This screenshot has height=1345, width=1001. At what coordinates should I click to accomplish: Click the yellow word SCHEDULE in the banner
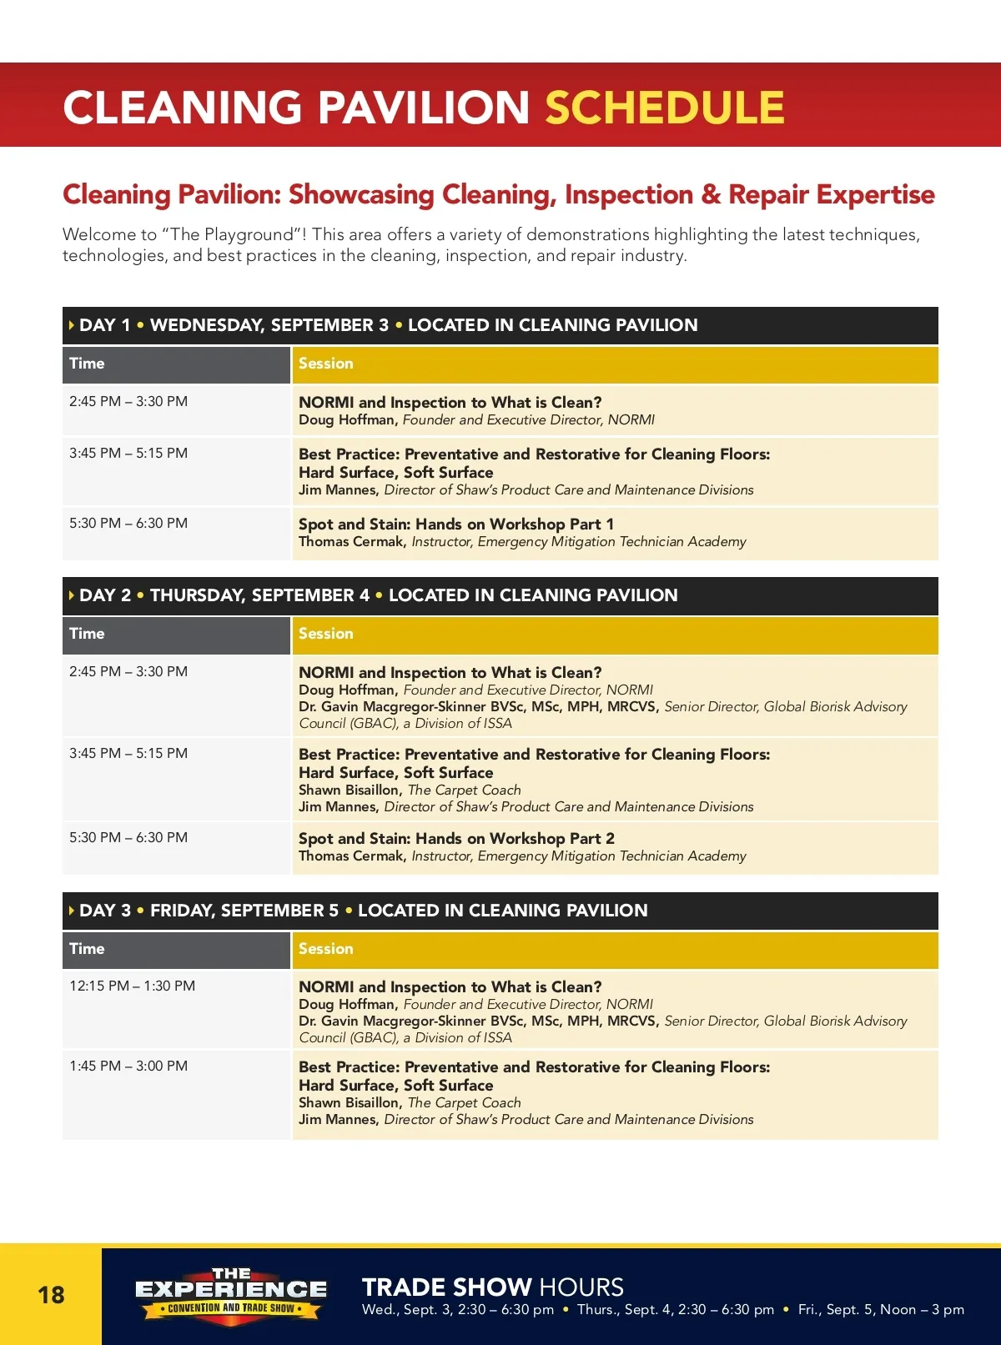click(x=665, y=108)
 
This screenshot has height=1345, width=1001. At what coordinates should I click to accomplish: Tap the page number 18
click(x=51, y=1294)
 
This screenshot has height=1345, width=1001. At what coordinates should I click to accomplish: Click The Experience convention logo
click(x=231, y=1294)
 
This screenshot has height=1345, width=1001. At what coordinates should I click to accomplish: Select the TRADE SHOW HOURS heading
click(x=492, y=1287)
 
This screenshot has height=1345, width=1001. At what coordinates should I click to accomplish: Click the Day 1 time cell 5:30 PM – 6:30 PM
click(x=128, y=523)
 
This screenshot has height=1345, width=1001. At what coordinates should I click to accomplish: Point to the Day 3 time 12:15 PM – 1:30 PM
click(x=132, y=986)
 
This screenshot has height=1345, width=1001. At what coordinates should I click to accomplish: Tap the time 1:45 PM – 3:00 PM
click(x=128, y=1066)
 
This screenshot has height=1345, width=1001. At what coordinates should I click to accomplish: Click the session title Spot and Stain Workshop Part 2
click(x=456, y=838)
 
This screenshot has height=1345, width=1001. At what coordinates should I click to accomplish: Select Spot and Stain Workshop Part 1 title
click(x=456, y=524)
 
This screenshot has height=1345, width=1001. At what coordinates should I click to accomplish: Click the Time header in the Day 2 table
click(x=87, y=634)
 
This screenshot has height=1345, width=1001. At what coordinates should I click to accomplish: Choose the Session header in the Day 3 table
click(x=326, y=949)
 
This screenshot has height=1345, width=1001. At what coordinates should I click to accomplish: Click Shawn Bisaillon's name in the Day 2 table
click(x=349, y=790)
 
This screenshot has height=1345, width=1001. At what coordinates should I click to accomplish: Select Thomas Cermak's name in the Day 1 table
click(x=351, y=542)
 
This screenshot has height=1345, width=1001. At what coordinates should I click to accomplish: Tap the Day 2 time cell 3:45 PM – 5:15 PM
click(x=128, y=753)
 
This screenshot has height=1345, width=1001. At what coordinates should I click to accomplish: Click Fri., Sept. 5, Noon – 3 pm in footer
click(x=881, y=1309)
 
